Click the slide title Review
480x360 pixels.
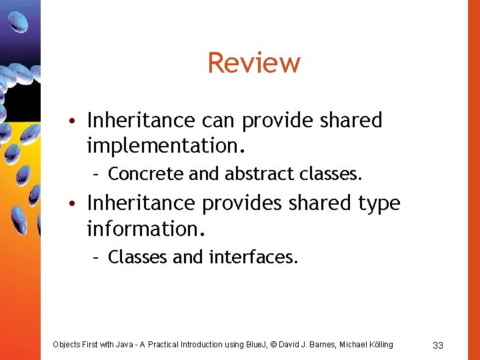[254, 63]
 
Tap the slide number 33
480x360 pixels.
[438, 345]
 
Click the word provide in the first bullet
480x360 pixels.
[278, 121]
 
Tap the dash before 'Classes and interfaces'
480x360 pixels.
[97, 257]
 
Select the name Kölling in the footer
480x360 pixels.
[378, 344]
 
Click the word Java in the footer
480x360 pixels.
[123, 344]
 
